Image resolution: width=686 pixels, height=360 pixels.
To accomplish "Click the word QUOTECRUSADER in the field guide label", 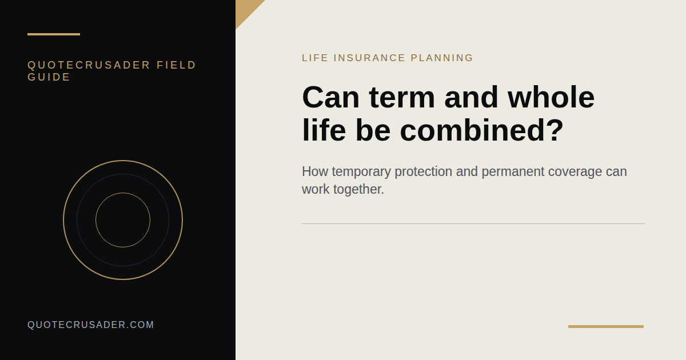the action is point(89,65).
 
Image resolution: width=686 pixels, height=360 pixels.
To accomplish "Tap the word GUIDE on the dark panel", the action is point(49,77).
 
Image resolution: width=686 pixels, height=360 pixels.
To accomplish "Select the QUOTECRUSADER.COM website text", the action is point(91,325).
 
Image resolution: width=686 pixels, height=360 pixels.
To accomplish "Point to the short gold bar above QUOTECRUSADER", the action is point(54,34).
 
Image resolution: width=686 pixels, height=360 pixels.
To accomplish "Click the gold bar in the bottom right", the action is point(606,327).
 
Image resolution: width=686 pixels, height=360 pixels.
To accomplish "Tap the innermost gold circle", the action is point(123,193).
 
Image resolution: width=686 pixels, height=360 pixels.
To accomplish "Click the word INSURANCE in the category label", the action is point(369,58).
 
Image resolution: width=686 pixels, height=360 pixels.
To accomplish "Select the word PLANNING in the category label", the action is point(441,58).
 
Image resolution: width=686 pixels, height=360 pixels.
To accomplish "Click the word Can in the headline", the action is point(331,97).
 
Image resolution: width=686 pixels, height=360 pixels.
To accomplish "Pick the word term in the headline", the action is point(402,98).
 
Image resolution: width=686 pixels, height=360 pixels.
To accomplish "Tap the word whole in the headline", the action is point(551,97).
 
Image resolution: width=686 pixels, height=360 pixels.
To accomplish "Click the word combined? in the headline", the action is point(482,130).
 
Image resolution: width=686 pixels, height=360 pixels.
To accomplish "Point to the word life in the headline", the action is point(324,130).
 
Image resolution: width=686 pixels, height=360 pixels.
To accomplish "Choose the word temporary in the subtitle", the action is point(361,172).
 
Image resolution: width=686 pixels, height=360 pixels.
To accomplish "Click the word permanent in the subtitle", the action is point(513,172).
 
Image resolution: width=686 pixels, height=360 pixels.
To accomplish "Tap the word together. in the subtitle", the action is point(358,190).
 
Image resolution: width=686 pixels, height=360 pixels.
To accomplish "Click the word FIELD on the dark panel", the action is point(176,65).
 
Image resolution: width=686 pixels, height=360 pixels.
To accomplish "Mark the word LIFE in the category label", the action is point(315,58).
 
